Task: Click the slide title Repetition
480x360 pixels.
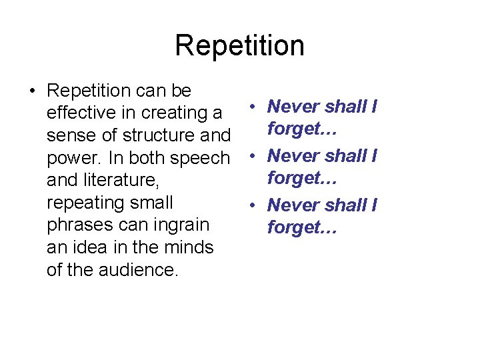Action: (x=239, y=46)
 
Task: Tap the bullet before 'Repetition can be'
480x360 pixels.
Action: (x=33, y=91)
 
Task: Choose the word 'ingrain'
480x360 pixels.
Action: (x=177, y=225)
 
